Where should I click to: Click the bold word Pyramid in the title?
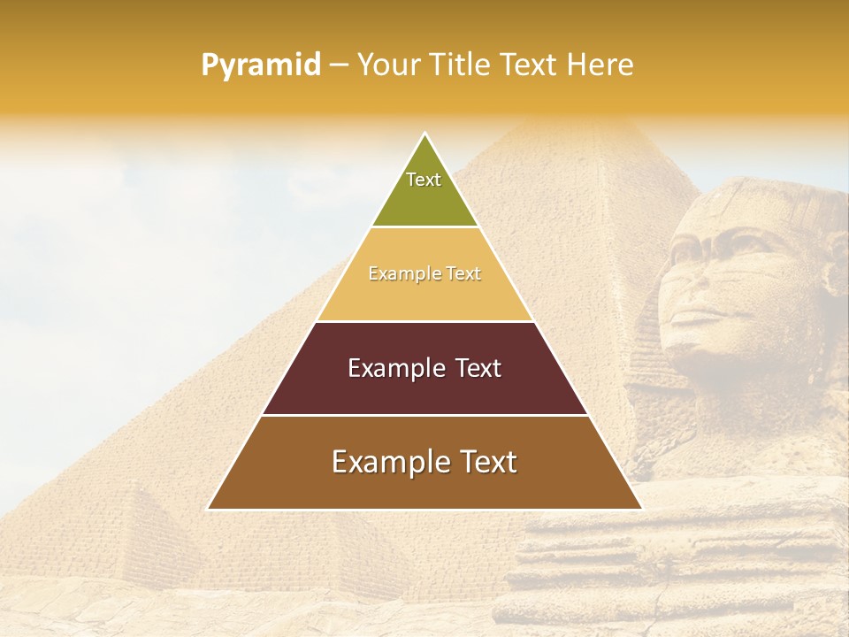261,65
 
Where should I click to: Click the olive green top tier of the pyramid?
424,199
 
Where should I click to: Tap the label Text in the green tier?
424,180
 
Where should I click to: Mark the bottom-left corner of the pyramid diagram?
209,509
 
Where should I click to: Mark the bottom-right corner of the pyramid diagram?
641,509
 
